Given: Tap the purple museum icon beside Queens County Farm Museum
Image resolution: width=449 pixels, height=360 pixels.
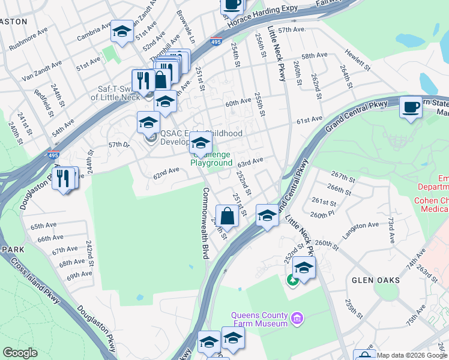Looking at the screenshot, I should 296,317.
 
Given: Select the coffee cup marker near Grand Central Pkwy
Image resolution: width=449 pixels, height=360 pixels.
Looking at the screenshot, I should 411,107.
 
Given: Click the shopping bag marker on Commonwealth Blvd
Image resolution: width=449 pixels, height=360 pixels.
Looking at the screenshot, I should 228,215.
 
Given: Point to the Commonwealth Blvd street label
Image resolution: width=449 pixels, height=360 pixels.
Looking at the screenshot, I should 205,223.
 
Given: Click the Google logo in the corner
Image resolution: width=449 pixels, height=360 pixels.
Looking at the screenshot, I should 20,353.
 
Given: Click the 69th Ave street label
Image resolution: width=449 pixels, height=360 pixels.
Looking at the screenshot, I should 79,275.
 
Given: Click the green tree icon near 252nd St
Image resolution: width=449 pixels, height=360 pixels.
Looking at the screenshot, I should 293,280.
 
